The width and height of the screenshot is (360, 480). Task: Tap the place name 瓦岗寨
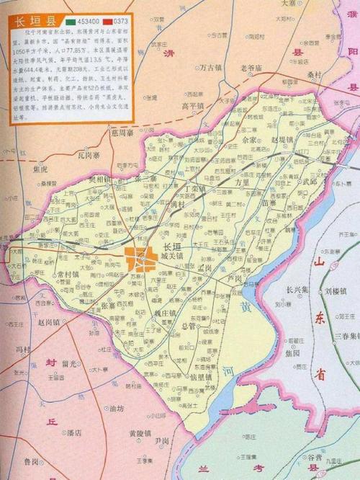pos(90,154)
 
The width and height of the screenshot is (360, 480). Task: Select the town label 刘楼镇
pos(335,292)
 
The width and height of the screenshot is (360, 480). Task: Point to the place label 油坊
pos(115,408)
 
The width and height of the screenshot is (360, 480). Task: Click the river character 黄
pos(246,308)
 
